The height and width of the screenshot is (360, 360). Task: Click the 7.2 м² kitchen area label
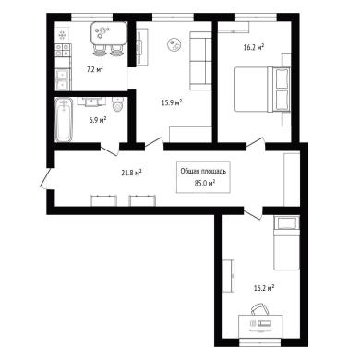point(94,70)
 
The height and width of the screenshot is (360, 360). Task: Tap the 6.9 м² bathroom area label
point(98,120)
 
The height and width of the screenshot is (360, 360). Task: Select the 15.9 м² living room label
point(172,102)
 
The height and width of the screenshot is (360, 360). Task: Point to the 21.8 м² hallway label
point(131,173)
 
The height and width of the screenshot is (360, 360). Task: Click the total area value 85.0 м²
point(204,184)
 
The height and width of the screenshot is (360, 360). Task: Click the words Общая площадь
point(203,172)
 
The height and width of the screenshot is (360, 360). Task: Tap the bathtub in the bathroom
point(64,120)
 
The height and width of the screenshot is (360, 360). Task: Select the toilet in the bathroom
point(118,104)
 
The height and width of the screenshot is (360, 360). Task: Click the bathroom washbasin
point(91,102)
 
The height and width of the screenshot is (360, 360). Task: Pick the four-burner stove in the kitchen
point(63,51)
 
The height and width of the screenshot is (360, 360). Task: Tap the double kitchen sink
point(63,79)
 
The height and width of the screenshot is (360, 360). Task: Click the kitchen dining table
point(109,33)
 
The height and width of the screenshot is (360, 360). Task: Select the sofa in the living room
point(200,61)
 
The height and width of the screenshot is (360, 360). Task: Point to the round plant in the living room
point(174,44)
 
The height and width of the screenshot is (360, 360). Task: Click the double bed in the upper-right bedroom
point(262,90)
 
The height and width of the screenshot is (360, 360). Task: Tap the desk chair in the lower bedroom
point(260,308)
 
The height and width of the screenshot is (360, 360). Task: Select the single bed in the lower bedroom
point(286,243)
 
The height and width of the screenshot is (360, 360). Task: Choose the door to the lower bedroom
point(253,213)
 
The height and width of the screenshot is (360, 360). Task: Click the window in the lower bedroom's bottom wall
point(260,342)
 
